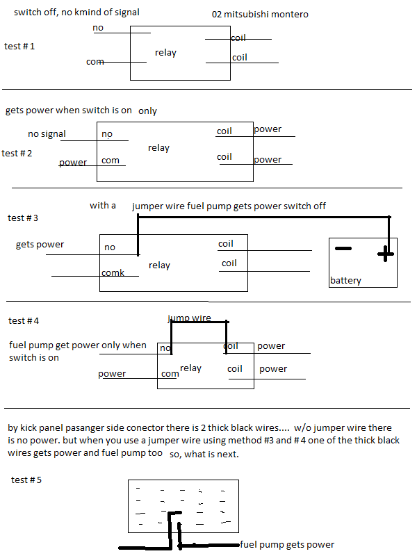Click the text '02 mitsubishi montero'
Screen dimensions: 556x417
click(x=260, y=15)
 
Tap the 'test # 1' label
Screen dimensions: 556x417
click(x=19, y=47)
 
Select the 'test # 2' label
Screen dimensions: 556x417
click(x=17, y=153)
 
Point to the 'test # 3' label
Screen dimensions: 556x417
click(x=23, y=218)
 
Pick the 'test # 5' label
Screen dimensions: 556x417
click(x=27, y=480)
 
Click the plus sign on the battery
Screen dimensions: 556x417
click(x=384, y=254)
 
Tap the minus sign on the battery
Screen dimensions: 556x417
click(x=343, y=248)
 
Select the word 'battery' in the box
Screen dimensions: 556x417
click(x=345, y=281)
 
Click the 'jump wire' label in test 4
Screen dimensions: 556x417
click(x=190, y=318)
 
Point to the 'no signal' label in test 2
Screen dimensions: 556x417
click(x=47, y=134)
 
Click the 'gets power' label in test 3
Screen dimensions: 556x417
click(x=40, y=245)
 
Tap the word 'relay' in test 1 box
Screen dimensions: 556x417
click(x=165, y=53)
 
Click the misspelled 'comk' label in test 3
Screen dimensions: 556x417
click(x=113, y=273)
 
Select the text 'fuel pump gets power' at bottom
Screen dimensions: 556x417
click(x=287, y=545)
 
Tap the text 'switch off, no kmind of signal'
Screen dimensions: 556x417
click(x=76, y=12)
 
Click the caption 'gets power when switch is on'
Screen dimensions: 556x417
click(x=68, y=111)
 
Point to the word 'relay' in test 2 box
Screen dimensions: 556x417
click(x=158, y=148)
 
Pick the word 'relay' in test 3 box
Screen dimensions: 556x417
click(x=159, y=265)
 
